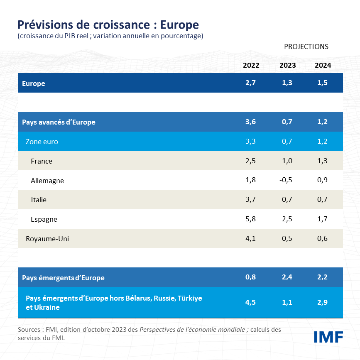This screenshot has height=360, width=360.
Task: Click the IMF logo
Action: tap(328, 337)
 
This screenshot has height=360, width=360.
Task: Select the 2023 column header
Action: tap(287, 65)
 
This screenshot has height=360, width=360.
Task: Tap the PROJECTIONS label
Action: tap(306, 47)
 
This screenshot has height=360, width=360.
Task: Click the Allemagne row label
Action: tap(47, 181)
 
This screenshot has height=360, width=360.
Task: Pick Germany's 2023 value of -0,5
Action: tap(287, 180)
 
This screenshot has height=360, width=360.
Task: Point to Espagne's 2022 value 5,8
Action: tap(250, 219)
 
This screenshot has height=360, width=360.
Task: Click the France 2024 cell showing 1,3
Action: tap(322, 161)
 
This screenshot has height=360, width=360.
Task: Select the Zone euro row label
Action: tap(42, 142)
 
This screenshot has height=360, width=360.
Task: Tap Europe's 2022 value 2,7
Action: tap(250, 83)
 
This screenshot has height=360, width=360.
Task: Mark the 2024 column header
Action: tap(323, 65)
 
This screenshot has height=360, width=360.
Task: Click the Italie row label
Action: tap(39, 200)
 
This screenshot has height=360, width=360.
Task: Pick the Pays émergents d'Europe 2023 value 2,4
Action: tap(287, 277)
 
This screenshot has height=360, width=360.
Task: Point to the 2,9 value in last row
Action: tap(322, 302)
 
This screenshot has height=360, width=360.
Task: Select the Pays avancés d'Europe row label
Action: tap(59, 122)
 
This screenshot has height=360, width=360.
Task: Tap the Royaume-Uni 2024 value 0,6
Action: tap(322, 239)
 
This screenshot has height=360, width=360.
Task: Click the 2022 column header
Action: tap(251, 65)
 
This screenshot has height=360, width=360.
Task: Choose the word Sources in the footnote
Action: tap(29, 330)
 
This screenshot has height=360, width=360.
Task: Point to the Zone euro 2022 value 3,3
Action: tap(250, 142)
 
